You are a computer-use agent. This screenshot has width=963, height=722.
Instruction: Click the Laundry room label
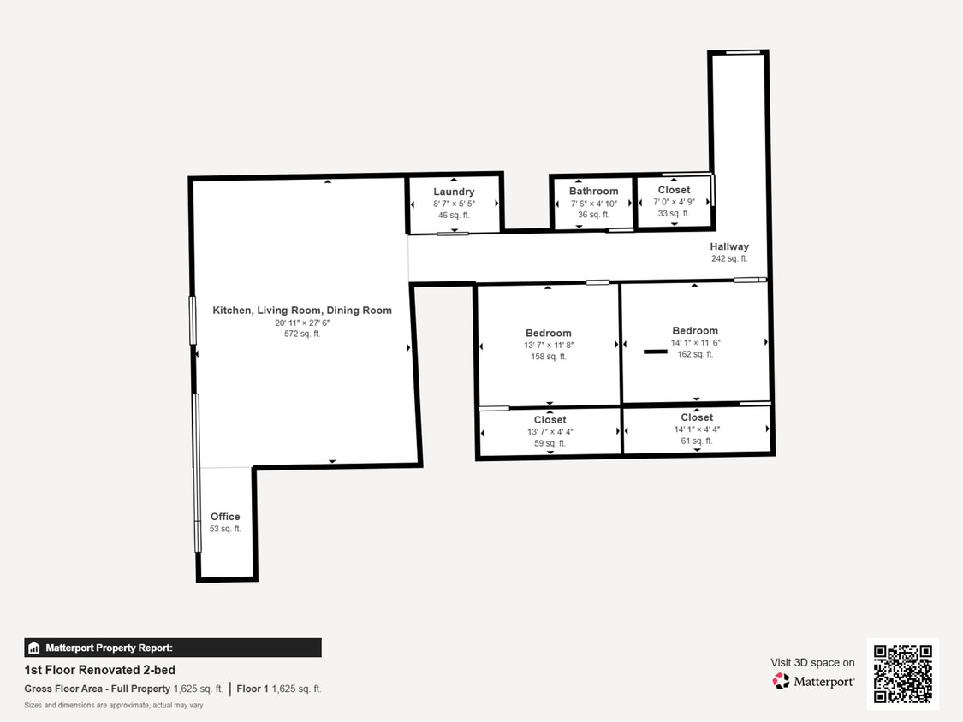(453, 192)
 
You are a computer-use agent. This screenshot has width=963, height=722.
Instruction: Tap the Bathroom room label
(593, 192)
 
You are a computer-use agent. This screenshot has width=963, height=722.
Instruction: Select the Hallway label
(728, 246)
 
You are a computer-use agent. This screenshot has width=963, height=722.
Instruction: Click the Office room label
(225, 517)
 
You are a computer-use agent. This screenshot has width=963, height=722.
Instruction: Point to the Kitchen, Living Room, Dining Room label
(302, 311)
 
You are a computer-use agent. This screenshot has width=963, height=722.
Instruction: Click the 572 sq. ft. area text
(302, 334)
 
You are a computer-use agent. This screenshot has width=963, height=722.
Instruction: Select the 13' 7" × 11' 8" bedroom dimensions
(549, 345)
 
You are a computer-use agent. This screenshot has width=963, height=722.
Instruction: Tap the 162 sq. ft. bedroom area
(695, 354)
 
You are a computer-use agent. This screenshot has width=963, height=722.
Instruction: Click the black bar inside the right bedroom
(656, 351)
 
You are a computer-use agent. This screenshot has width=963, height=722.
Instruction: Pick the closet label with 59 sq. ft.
(550, 420)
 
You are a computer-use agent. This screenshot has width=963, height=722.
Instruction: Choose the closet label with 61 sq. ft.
(697, 417)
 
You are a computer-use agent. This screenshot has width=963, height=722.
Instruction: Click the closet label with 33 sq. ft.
(674, 190)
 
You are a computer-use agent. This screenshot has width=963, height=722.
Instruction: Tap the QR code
(902, 673)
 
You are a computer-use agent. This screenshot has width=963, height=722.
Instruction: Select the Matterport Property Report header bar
(173, 648)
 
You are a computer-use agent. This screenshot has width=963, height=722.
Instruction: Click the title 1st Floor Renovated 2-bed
(99, 670)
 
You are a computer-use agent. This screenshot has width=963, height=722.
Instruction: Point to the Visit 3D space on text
(812, 662)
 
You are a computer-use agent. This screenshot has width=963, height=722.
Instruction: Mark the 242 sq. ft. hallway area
(728, 258)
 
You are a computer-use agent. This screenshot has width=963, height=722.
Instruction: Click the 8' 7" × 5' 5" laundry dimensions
(453, 204)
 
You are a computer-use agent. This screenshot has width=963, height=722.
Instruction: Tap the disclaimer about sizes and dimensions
(114, 706)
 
